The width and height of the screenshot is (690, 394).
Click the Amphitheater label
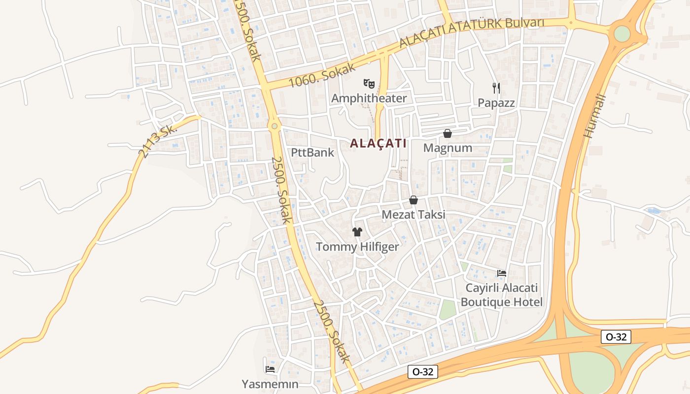(x=369, y=98)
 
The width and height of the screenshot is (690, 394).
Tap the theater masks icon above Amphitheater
(x=369, y=83)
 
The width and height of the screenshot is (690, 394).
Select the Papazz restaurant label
(x=496, y=103)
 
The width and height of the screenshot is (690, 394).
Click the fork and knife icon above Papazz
(x=496, y=88)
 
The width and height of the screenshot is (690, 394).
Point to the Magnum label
(x=448, y=148)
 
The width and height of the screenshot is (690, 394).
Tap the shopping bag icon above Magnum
(x=448, y=133)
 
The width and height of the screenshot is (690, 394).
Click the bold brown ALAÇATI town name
(x=378, y=143)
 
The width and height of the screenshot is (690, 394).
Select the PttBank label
(x=312, y=152)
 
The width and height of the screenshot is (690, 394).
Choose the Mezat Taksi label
(x=414, y=215)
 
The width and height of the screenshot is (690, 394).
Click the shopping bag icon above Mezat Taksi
(x=414, y=200)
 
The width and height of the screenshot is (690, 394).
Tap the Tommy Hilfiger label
(x=357, y=246)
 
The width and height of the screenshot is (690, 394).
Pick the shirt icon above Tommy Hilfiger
(x=357, y=231)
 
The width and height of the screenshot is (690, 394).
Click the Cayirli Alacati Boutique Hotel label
(x=502, y=295)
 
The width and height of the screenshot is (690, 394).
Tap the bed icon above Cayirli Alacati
(x=502, y=273)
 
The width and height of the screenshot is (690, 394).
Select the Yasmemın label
(x=270, y=384)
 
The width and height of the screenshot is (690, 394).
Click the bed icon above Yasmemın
(x=270, y=369)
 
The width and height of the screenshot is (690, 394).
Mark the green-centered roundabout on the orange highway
(x=622, y=33)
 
